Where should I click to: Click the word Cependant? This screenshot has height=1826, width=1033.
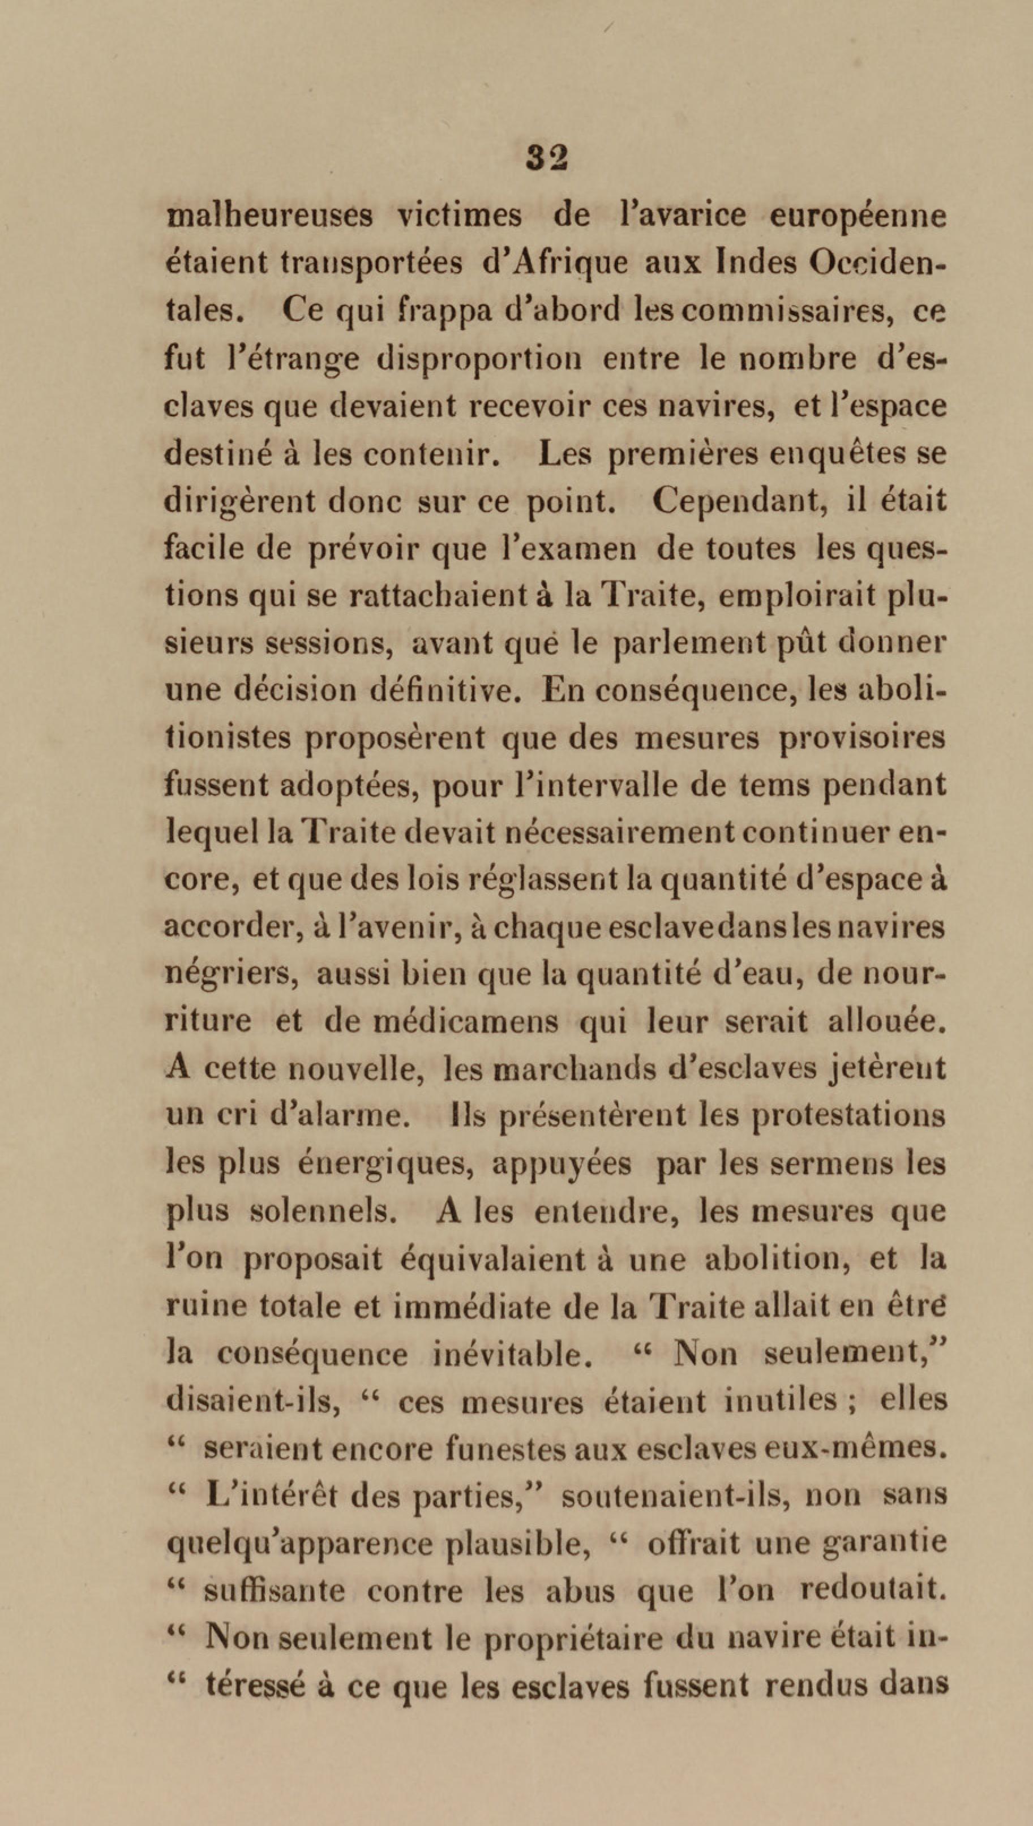(x=736, y=502)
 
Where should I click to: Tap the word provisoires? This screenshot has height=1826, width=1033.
(x=862, y=738)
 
